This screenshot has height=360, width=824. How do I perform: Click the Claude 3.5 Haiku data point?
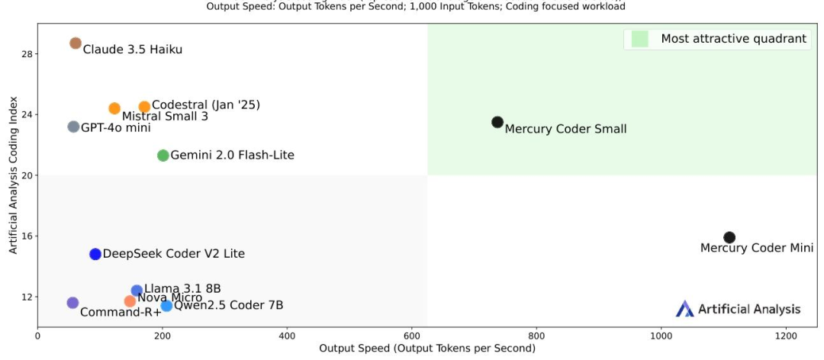[75, 43]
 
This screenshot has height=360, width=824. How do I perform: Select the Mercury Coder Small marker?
[497, 122]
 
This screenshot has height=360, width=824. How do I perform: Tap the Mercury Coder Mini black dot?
[729, 237]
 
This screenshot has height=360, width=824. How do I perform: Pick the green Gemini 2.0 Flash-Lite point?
[163, 156]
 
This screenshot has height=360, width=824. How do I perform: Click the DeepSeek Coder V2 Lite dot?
[95, 254]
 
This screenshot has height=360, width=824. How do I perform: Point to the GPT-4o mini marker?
[73, 127]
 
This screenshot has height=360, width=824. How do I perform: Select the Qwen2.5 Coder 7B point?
[166, 306]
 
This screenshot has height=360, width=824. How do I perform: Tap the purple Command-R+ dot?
[72, 303]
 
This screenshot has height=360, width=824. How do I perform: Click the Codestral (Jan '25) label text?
[206, 105]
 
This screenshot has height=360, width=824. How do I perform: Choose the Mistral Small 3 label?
[165, 117]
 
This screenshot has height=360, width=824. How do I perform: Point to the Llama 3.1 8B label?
[182, 288]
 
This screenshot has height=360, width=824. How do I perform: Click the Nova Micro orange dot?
[130, 301]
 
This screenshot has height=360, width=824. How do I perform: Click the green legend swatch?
[639, 39]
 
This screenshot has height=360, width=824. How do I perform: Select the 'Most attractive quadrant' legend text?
[733, 39]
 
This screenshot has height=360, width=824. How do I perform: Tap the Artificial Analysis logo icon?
[684, 309]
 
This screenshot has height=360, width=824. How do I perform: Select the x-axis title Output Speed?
[426, 349]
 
